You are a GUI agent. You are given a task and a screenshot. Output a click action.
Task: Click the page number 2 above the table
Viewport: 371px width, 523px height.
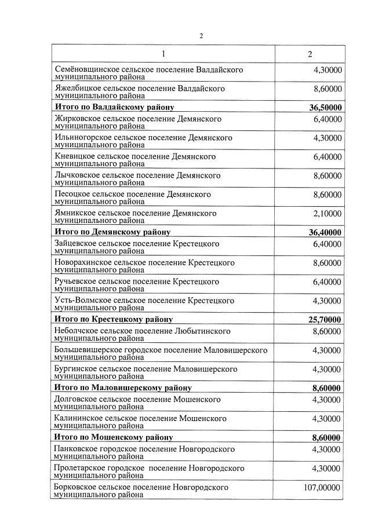click(201, 35)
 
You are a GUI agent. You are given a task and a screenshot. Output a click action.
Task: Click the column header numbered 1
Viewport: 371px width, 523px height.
click(163, 54)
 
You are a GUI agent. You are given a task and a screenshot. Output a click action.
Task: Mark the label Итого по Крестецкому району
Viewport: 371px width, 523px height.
click(113, 319)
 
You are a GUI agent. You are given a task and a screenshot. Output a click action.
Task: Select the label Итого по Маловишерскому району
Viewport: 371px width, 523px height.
click(122, 387)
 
